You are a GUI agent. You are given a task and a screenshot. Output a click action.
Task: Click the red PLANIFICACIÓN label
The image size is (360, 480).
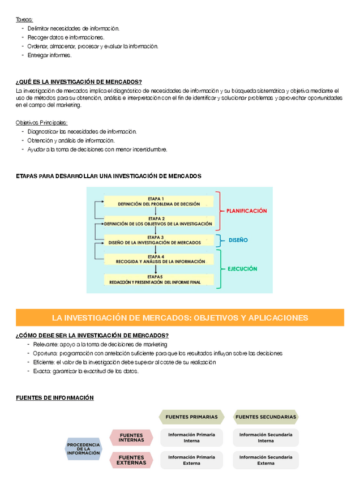pos(246,211)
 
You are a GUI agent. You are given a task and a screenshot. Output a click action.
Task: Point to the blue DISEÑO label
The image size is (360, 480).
pos(238,240)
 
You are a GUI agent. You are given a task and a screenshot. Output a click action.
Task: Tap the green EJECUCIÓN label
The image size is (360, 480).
pos(242,269)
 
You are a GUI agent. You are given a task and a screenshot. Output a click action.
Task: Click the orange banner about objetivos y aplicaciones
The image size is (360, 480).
pos(180,318)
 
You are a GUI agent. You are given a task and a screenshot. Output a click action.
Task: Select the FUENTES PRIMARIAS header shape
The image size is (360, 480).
pos(191,417)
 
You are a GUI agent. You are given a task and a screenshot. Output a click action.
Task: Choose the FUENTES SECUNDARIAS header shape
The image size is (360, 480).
pos(265,417)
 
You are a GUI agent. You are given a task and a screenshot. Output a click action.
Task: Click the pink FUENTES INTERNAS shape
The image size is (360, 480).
pos(131,438)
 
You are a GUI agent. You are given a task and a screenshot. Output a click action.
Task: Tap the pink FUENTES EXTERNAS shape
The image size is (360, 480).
pos(131,460)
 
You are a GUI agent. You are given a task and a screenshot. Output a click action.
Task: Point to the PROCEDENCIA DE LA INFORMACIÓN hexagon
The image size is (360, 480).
pos(83,449)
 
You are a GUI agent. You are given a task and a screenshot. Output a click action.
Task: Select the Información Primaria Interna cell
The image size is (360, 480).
pos(191,438)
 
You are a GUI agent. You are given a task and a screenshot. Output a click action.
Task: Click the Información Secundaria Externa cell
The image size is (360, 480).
pos(265,460)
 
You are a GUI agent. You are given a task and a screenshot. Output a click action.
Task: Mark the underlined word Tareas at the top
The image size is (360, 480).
pos(24,19)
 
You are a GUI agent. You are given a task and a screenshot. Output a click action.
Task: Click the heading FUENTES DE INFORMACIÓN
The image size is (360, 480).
pos(55,398)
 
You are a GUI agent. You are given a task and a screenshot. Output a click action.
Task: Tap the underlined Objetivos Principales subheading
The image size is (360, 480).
pos(42,122)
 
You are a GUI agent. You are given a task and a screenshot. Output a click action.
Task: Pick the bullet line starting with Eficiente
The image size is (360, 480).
pos(121,362)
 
